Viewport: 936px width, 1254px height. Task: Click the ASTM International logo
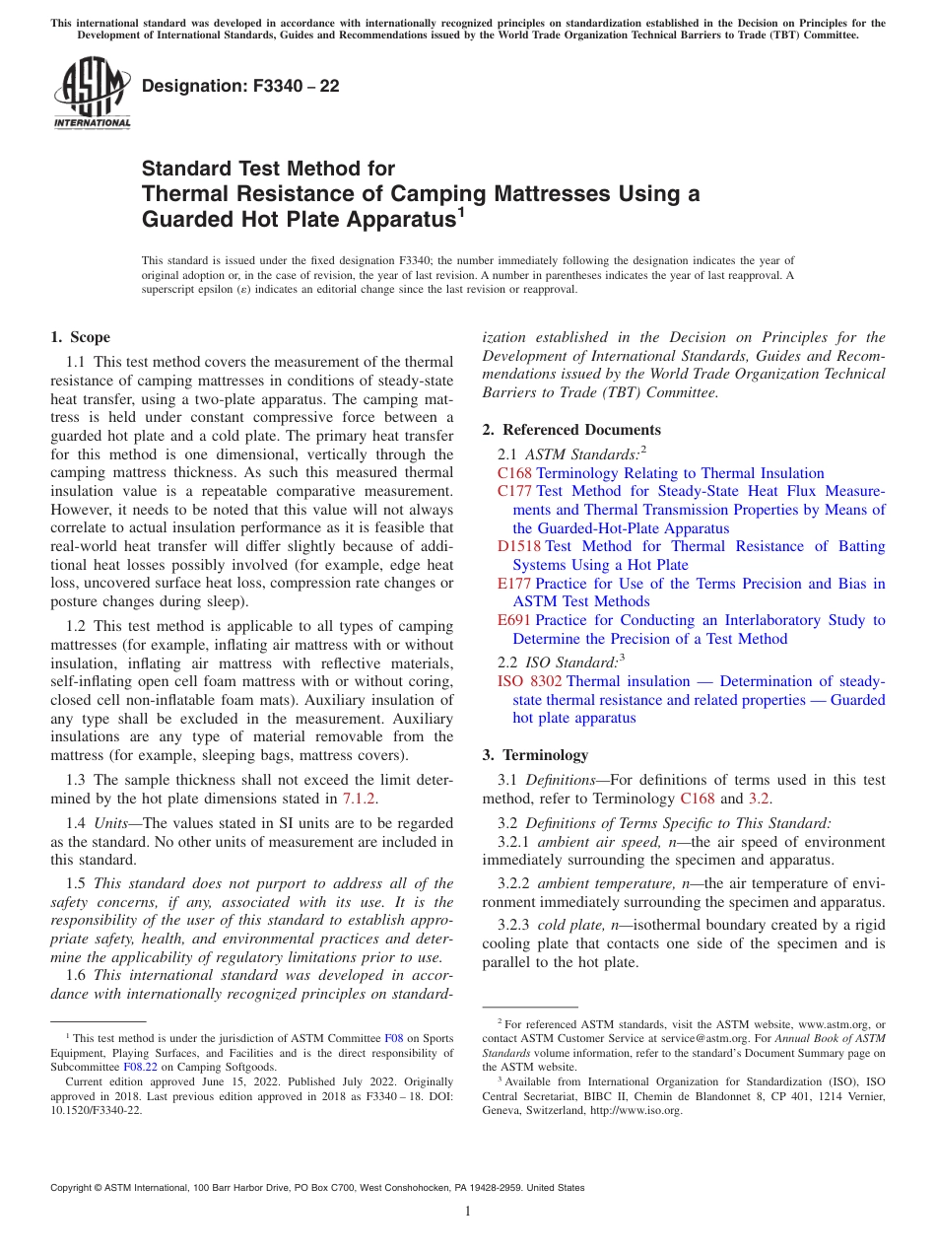pyautogui.click(x=91, y=95)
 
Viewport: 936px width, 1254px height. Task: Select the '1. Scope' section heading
pyautogui.click(x=80, y=337)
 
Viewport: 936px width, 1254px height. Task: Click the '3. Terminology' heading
pyautogui.click(x=535, y=755)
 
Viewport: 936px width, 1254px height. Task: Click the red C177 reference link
pyautogui.click(x=514, y=491)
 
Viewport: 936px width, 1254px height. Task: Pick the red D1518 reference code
pyautogui.click(x=518, y=546)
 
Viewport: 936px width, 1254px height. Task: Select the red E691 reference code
pyautogui.click(x=514, y=620)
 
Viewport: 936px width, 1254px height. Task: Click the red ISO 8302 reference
pyautogui.click(x=529, y=681)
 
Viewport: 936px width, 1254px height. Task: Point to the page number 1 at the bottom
pyautogui.click(x=468, y=1212)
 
